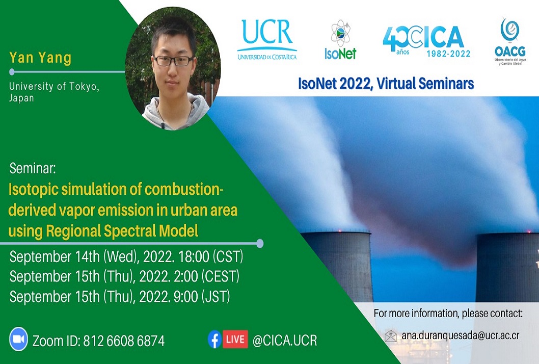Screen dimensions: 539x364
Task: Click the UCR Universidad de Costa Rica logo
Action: pyautogui.click(x=267, y=40)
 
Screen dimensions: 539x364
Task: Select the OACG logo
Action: pyautogui.click(x=510, y=41)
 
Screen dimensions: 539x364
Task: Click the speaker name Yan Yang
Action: pyautogui.click(x=40, y=58)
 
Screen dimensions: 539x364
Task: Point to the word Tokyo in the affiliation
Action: pyautogui.click(x=84, y=86)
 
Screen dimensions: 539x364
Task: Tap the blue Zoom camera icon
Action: pyautogui.click(x=18, y=339)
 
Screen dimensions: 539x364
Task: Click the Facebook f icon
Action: pyautogui.click(x=214, y=339)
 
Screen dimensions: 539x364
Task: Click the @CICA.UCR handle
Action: pyautogui.click(x=285, y=340)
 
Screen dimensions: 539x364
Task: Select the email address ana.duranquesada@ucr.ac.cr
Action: pyautogui.click(x=460, y=335)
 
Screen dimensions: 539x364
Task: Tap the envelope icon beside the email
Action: pyautogui.click(x=391, y=336)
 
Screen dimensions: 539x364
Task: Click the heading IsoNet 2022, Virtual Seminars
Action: pyautogui.click(x=386, y=84)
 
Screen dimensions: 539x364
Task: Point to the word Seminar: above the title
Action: pyautogui.click(x=32, y=168)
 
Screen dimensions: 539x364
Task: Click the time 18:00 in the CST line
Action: pyautogui.click(x=194, y=256)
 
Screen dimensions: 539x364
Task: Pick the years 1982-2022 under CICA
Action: pyautogui.click(x=448, y=54)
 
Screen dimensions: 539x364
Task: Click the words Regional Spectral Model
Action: pyautogui.click(x=122, y=231)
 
